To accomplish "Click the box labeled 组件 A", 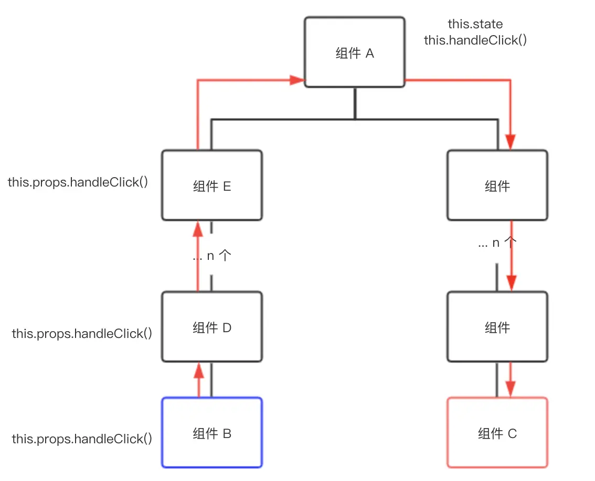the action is (x=354, y=52).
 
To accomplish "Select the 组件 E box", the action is (x=212, y=185).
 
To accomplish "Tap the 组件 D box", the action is (x=212, y=327).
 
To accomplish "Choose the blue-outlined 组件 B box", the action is (x=212, y=432).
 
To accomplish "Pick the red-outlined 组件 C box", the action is (x=497, y=432).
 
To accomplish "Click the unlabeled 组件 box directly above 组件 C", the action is (x=497, y=327).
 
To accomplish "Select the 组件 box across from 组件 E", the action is (x=497, y=185).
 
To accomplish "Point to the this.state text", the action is (x=475, y=24).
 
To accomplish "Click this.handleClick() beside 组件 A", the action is (x=475, y=40).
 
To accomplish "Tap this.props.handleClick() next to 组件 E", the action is (x=78, y=182).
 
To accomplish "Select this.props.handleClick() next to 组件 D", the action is (x=82, y=334).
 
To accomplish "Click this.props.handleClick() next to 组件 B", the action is (x=82, y=439).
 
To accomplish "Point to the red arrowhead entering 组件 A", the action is (x=297, y=80).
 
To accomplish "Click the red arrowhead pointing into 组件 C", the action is (x=511, y=389).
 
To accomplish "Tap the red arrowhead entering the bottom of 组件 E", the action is (x=198, y=229).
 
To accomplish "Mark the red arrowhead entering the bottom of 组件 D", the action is (x=198, y=370).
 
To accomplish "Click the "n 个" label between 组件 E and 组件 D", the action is (x=219, y=256).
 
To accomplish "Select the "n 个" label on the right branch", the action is (x=504, y=243).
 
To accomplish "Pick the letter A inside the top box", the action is (x=370, y=53).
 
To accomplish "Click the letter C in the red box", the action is (x=512, y=434).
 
